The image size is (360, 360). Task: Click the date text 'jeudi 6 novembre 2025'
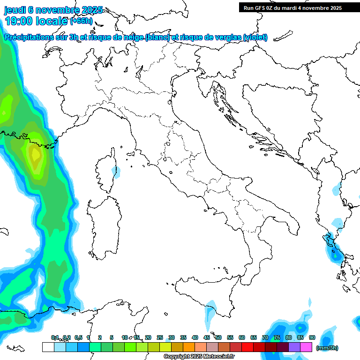pos(53,10)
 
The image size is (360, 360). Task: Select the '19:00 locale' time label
pos(37,21)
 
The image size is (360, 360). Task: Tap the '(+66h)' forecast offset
pos(81,21)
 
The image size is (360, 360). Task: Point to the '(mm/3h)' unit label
pos(327,347)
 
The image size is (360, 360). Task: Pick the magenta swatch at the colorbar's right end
pos(307,347)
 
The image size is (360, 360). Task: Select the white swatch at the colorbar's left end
pos(48,347)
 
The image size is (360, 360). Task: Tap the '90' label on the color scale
pos(312,337)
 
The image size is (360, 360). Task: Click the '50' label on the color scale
pos(218,337)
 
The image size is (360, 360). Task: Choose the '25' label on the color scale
pos(160,337)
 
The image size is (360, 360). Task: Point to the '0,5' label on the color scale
pos(78,337)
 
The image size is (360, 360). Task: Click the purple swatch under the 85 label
pos(294,347)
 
